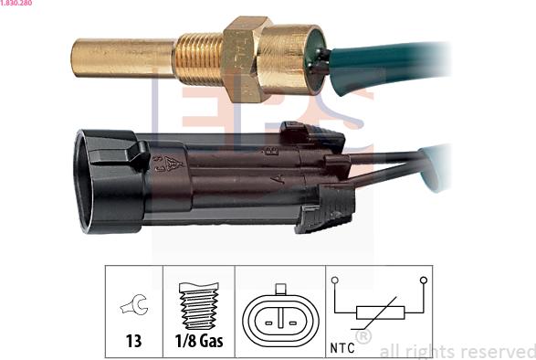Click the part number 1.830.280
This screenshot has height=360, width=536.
tap(18, 4)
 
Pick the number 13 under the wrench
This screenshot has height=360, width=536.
tap(133, 342)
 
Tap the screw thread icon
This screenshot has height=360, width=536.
tap(198, 306)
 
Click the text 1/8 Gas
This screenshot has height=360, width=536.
tap(198, 342)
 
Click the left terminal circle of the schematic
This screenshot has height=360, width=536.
tap(335, 280)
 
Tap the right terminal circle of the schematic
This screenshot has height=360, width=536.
tap(423, 280)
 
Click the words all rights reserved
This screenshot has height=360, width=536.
tap(457, 351)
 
